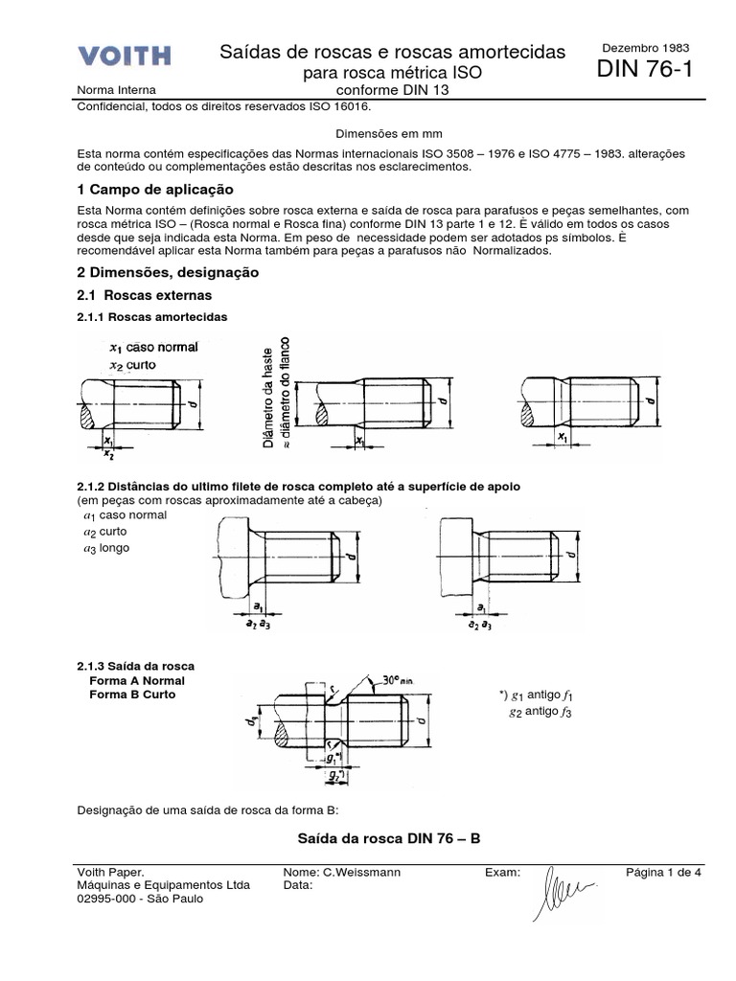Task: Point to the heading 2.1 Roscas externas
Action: click(x=144, y=295)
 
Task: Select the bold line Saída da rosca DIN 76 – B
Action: click(x=390, y=838)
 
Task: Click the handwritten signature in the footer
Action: click(x=569, y=887)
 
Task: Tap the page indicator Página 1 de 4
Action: click(x=664, y=873)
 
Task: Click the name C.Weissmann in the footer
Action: click(x=342, y=873)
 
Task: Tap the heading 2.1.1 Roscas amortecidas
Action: click(x=151, y=317)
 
